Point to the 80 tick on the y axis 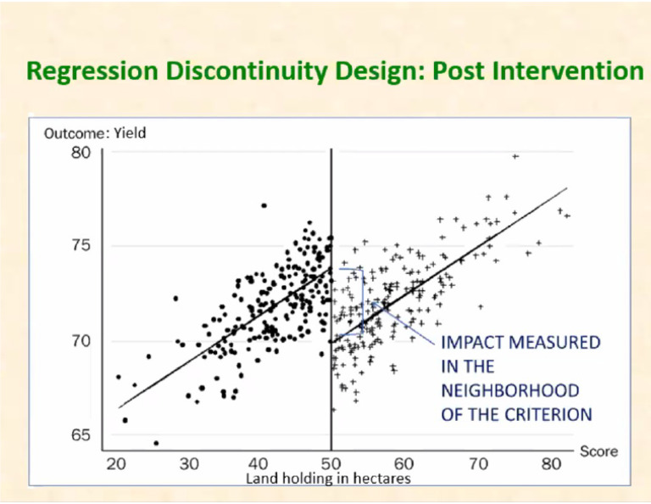point(80,153)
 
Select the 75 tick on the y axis point(80,247)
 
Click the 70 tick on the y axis point(80,341)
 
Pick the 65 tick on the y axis point(80,435)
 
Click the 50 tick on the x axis point(331,463)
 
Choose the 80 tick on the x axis point(552,463)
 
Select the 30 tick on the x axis point(189,463)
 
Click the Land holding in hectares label point(328,479)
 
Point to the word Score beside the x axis point(598,451)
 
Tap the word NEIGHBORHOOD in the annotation point(510,391)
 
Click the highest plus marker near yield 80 point(515,156)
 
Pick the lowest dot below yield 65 point(156,443)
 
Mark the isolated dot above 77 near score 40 point(264,205)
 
